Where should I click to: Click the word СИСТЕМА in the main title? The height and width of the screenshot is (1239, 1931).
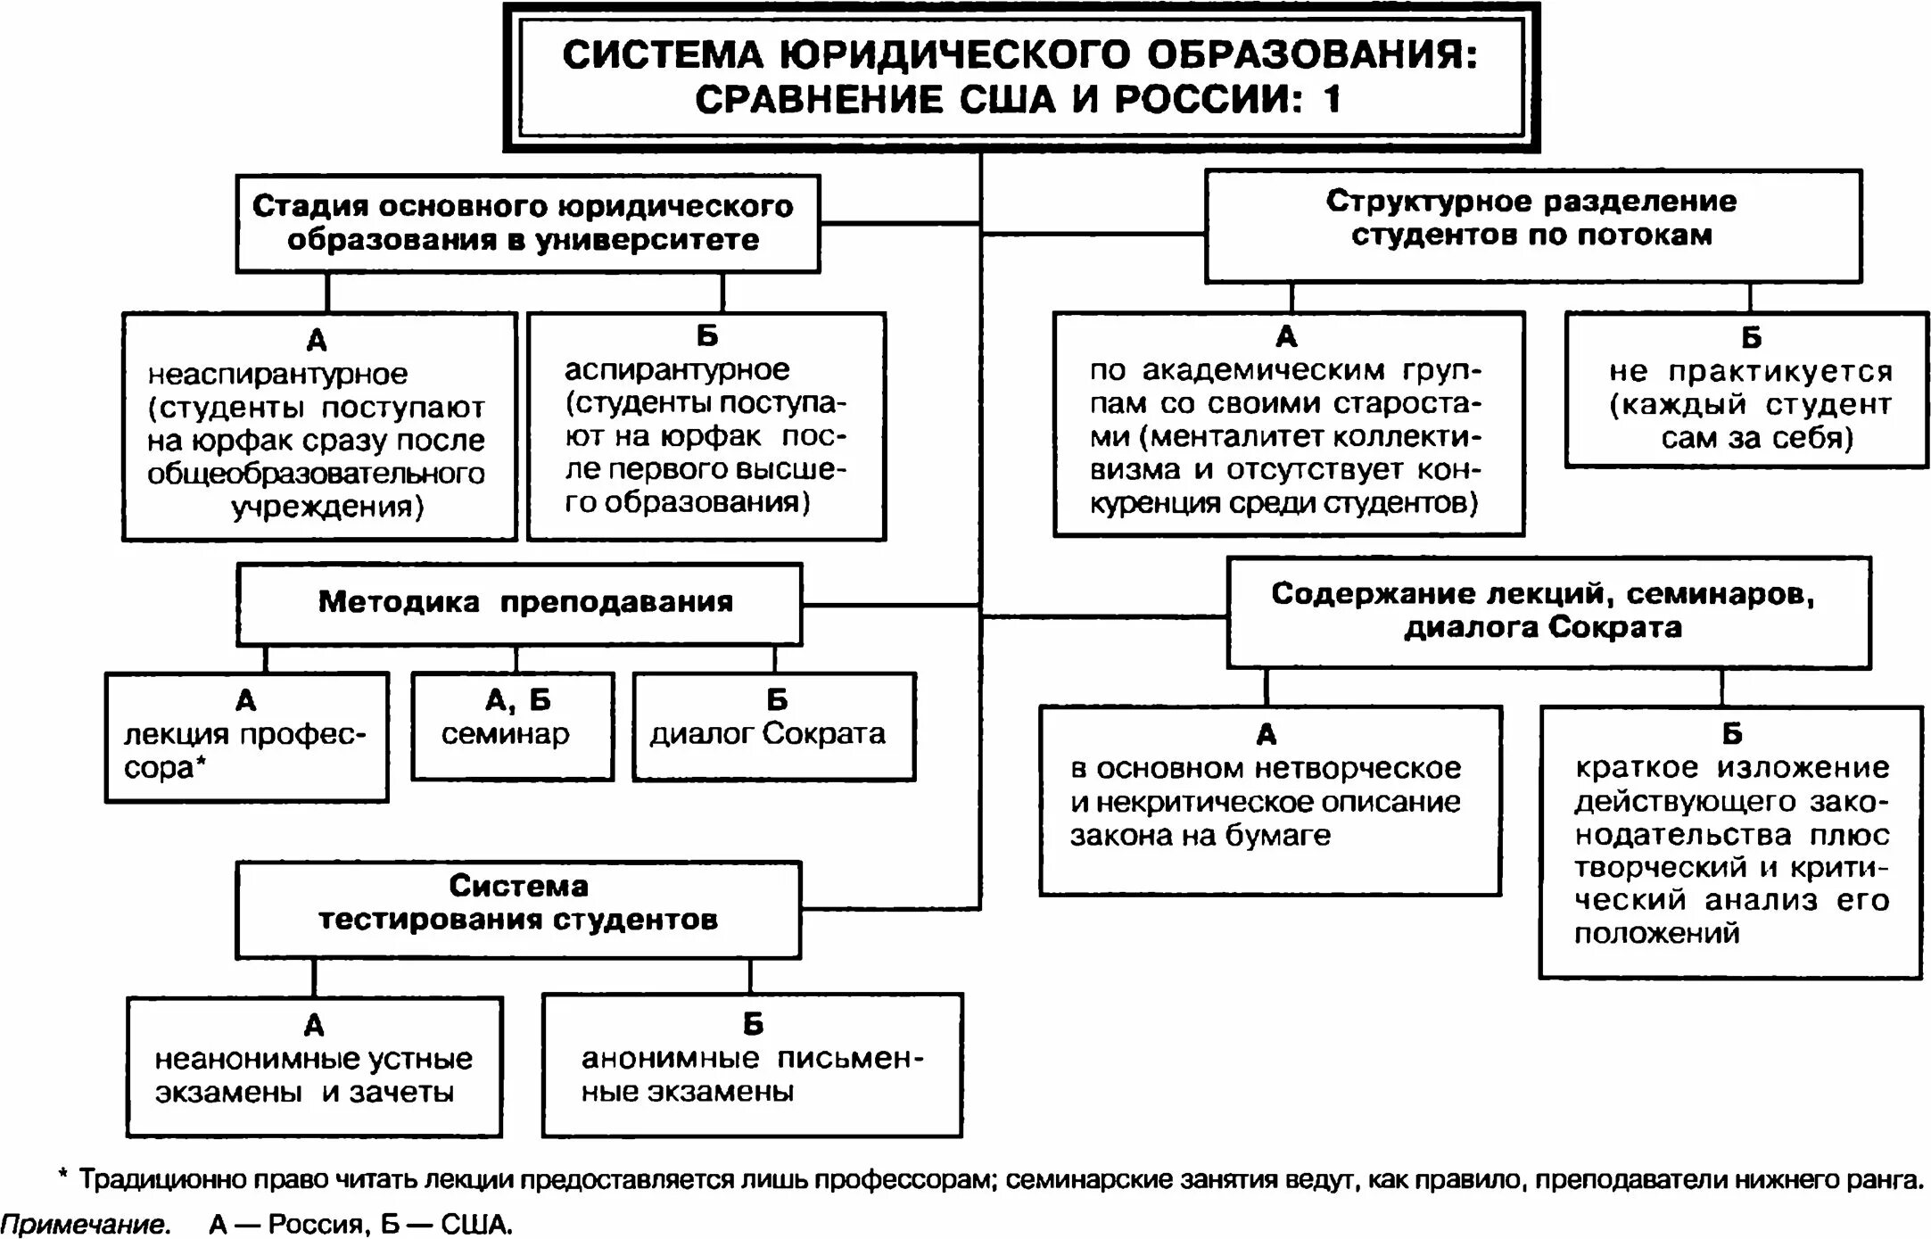coord(663,55)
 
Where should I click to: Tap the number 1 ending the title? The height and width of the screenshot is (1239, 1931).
coord(1332,99)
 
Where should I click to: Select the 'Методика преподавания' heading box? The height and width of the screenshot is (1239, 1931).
coord(519,603)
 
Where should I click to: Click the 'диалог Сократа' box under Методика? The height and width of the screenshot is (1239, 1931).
coord(773,727)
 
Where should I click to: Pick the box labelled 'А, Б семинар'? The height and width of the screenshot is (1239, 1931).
coord(512,726)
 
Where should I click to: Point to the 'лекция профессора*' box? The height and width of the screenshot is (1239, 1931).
coord(246,737)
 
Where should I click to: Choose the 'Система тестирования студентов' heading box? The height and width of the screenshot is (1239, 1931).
coord(518,909)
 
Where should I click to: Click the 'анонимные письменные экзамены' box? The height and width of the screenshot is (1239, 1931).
coord(752,1064)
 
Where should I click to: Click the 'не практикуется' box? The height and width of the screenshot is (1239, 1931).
coord(1747,389)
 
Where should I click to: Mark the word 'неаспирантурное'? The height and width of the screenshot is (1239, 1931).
coord(277,374)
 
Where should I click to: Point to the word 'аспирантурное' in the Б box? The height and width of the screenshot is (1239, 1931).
coord(677,369)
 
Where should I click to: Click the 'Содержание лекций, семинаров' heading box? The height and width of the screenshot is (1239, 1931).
coord(1547,612)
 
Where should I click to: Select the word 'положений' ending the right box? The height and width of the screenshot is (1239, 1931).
coord(1656,933)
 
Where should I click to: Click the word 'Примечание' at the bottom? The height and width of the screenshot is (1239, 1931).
coord(85,1224)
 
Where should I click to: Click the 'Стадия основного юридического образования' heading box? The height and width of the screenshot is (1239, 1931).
coord(527,223)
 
